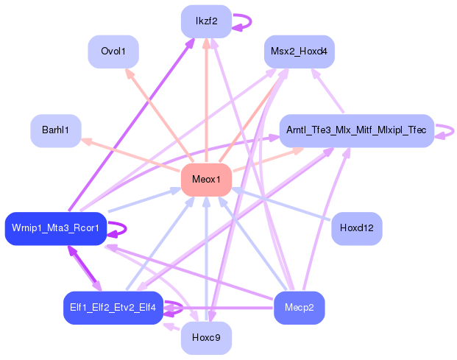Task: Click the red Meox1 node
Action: (x=206, y=180)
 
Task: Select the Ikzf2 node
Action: (x=206, y=21)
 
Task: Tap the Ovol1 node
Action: (x=113, y=52)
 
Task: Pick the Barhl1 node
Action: (x=55, y=130)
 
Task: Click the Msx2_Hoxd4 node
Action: (x=300, y=52)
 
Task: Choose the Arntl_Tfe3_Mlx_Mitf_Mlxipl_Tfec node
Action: (x=356, y=130)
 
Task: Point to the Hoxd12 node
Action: (x=357, y=229)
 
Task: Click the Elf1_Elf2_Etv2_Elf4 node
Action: (x=113, y=307)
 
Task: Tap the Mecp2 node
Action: (x=299, y=307)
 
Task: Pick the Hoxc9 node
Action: (x=206, y=339)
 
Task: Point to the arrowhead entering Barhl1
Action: (x=85, y=140)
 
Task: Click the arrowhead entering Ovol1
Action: (x=128, y=73)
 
